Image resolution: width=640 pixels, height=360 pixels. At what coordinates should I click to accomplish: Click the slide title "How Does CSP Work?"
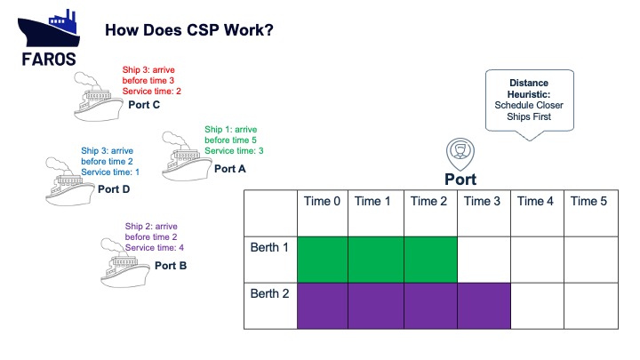pos(189,30)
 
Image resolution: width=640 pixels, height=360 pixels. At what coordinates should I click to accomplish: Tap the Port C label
pos(144,105)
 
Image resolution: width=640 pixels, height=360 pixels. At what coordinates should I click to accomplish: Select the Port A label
pos(230,169)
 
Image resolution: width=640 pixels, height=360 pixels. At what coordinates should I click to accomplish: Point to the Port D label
pos(114,189)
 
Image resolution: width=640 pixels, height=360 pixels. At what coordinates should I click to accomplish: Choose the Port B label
pos(171,266)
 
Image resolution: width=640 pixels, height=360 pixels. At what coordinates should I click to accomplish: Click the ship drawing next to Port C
pos(98,97)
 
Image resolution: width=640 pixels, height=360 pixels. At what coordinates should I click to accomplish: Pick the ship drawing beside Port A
pos(187,156)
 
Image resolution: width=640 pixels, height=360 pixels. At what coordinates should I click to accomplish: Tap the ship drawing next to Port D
pos(70,181)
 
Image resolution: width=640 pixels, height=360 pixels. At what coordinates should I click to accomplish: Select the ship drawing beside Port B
pos(125,263)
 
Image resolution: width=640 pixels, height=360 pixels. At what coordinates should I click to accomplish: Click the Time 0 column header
pos(322,201)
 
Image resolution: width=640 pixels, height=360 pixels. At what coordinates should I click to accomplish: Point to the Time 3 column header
pos(482,201)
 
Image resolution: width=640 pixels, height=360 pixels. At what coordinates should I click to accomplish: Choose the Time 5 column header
pos(588,201)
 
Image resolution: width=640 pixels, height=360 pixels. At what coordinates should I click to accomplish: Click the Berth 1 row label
pos(269,247)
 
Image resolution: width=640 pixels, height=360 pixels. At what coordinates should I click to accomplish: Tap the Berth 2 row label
pos(270,293)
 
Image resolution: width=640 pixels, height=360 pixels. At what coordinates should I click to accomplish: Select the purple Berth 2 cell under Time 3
pos(484,306)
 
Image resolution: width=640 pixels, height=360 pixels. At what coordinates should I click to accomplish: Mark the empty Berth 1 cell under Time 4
pos(537,260)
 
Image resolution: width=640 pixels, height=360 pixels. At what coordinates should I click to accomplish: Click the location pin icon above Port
pos(460,154)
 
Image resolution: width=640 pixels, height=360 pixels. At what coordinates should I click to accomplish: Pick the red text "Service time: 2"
pos(151,92)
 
